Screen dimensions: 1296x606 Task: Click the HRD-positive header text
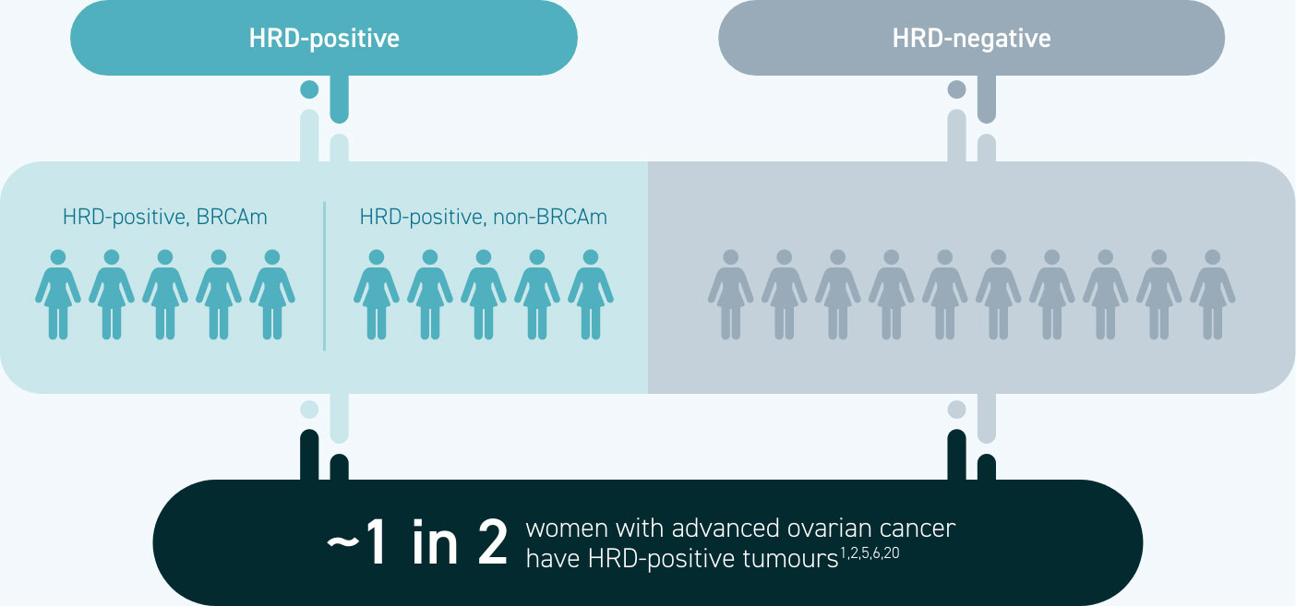tap(324, 39)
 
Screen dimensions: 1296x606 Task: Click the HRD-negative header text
tap(971, 39)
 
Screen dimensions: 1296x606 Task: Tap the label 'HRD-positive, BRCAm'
tap(165, 218)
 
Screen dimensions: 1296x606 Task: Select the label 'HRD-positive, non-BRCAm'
tap(483, 218)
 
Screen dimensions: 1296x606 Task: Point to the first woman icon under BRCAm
tap(58, 294)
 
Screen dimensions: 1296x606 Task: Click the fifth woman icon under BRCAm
tap(272, 294)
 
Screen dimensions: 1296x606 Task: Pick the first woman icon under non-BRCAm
tap(377, 294)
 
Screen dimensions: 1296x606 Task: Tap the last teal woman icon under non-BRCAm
tap(591, 294)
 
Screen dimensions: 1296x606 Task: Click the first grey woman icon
tap(731, 294)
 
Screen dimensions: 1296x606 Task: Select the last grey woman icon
tap(1213, 294)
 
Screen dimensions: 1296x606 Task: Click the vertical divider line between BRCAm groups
tap(325, 276)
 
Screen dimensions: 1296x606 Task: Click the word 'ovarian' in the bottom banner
tap(815, 529)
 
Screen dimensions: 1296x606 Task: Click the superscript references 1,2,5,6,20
tap(870, 553)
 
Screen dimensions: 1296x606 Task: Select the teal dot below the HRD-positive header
tap(309, 89)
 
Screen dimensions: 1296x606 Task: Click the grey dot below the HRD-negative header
tap(957, 89)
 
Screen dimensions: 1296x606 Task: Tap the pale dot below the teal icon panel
tap(309, 410)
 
